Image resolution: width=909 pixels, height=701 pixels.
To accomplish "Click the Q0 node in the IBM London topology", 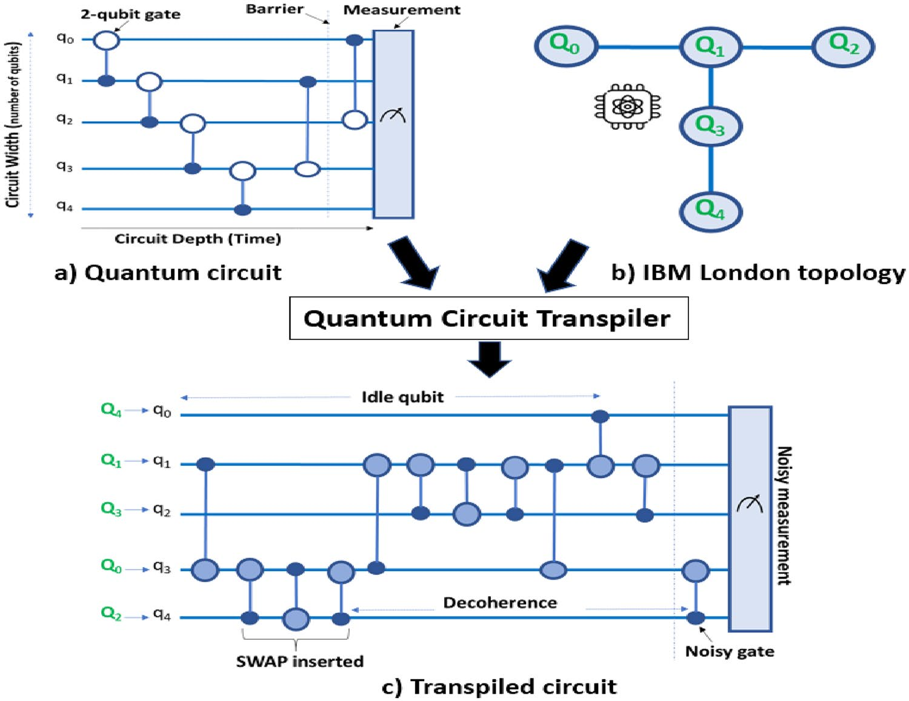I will click(566, 46).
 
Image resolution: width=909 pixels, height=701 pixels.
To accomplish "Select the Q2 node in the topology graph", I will click(843, 46).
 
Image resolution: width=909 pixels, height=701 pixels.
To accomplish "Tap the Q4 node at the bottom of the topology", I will click(710, 211).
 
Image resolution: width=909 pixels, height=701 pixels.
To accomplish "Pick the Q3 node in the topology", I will click(710, 126).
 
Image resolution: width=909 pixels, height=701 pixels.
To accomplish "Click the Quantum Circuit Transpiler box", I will click(488, 318).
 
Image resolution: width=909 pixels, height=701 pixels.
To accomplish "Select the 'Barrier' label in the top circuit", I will click(275, 9).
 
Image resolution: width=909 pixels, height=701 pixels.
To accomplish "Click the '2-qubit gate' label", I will click(130, 14).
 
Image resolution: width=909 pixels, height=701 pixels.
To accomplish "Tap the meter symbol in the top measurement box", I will click(393, 114).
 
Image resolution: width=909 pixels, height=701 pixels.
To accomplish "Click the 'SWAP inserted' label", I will click(299, 661).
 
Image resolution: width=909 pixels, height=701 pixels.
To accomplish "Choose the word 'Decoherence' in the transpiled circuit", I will click(500, 603).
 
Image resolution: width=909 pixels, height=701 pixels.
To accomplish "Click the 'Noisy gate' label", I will click(730, 651).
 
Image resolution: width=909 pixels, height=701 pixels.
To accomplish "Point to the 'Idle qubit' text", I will click(402, 397).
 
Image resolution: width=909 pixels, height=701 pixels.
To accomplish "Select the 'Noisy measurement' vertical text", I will click(784, 516).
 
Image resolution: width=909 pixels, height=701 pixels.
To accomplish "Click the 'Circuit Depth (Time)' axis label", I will click(198, 239).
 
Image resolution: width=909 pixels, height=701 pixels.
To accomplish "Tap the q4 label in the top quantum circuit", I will click(65, 207).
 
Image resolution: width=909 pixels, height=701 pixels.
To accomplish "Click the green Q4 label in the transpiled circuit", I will click(112, 410).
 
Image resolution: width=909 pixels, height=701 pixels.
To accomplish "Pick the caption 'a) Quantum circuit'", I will click(168, 273).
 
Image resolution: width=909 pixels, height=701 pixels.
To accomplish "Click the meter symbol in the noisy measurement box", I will click(750, 503).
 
